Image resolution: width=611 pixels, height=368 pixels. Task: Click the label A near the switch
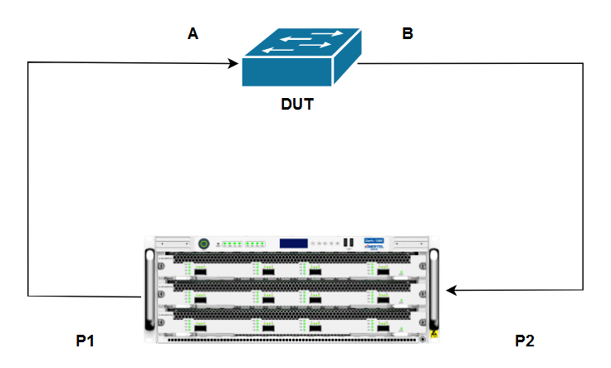click(x=193, y=34)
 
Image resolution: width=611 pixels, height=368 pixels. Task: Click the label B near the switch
click(x=407, y=34)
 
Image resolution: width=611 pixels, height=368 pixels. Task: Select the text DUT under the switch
click(x=299, y=105)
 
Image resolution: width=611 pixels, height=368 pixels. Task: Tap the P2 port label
click(x=525, y=341)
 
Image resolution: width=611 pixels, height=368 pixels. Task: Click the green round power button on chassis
click(x=203, y=244)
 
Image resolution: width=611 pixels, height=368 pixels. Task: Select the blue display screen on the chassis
click(x=293, y=243)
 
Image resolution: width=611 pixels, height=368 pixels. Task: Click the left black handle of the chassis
click(x=150, y=291)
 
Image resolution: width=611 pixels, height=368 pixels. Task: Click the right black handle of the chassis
click(x=433, y=291)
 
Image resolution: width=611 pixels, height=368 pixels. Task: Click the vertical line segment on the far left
click(x=28, y=179)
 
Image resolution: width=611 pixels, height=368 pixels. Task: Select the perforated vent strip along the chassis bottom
click(x=291, y=339)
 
